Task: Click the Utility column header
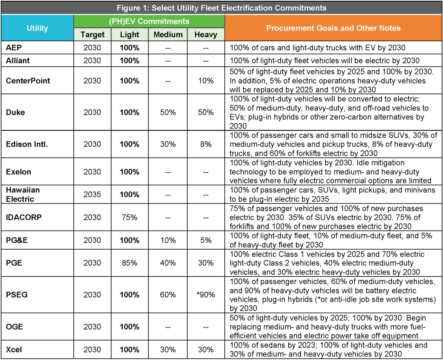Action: pos(37,28)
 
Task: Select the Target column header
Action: pos(92,35)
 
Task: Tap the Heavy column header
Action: pos(206,35)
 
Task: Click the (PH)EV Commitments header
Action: pos(149,21)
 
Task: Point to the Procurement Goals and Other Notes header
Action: pos(333,28)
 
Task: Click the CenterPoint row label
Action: pos(28,81)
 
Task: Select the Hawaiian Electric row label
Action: pos(23,195)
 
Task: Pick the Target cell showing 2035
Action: pos(92,195)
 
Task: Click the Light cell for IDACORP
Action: pos(129,217)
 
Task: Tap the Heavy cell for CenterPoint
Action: pos(206,81)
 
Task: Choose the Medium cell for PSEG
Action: pos(168,295)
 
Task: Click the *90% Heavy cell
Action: pos(206,295)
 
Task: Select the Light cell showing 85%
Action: pos(129,263)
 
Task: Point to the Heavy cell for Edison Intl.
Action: pos(206,144)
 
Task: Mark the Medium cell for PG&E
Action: pos(168,240)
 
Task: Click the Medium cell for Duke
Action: pos(168,112)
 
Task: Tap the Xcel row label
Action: pos(14,350)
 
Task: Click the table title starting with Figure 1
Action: pos(221,8)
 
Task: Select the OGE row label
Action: pos(15,327)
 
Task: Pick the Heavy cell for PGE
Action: pos(206,263)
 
